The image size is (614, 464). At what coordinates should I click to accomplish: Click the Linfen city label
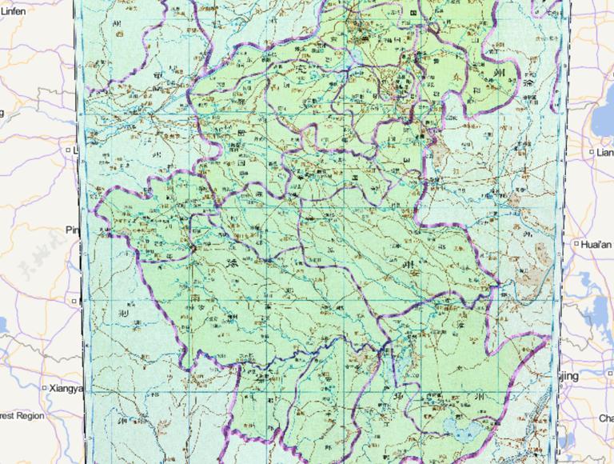point(13,11)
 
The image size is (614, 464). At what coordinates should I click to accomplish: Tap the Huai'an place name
point(596,243)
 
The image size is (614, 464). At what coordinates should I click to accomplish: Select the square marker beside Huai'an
point(576,243)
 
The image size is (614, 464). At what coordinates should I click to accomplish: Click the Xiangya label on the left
point(66,388)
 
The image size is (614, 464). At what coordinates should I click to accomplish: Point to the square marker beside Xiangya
point(44,388)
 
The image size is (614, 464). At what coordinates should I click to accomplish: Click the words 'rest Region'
point(22,416)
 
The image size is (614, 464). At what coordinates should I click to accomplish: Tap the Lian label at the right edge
point(604,152)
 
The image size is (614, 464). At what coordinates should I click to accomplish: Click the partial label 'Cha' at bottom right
point(606,418)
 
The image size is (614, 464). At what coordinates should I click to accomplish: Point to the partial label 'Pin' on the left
point(74,230)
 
